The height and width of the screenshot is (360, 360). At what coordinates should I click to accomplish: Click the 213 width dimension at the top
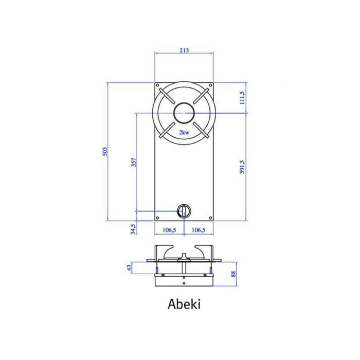point(185,50)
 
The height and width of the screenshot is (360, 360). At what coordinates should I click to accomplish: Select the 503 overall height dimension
point(105,152)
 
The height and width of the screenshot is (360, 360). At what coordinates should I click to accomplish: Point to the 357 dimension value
point(134,163)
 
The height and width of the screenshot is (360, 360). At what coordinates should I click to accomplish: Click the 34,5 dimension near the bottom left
point(134,228)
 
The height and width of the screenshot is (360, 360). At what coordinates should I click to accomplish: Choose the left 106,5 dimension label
point(170,230)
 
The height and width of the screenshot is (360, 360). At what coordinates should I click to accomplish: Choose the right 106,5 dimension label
point(199,230)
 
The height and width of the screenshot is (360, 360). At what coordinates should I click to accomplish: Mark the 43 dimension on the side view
point(129,267)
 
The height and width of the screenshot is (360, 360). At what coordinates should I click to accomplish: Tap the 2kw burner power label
point(184,133)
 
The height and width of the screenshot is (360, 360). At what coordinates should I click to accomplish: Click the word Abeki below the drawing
point(184,303)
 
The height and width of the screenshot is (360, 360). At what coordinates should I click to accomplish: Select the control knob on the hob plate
point(184,210)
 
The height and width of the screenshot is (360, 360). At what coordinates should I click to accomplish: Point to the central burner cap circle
point(184,113)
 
